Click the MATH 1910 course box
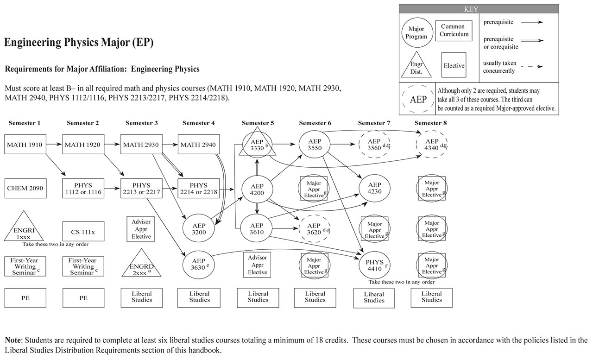(25, 145)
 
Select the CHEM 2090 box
(25, 188)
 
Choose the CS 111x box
(83, 231)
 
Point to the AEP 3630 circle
(199, 264)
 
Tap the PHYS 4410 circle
(374, 265)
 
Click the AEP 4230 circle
(374, 188)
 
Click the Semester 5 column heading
(258, 123)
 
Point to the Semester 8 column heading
(431, 123)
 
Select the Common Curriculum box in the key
(454, 31)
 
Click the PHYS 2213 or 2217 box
(141, 189)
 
